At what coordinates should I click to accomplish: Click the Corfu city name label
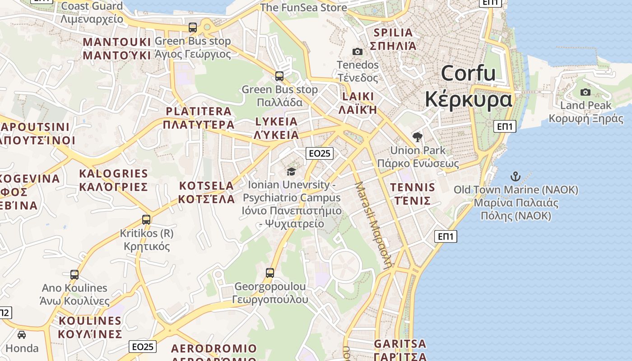(x=469, y=86)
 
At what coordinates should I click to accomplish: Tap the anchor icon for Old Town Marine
(x=515, y=176)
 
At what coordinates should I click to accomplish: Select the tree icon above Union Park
(x=418, y=137)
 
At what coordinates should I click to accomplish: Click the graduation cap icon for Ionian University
(x=291, y=171)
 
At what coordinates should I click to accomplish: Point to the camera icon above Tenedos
(x=357, y=51)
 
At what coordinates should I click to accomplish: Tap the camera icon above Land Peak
(x=586, y=92)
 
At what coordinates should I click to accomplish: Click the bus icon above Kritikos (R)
(x=146, y=220)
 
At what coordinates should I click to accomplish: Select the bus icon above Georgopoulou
(x=270, y=273)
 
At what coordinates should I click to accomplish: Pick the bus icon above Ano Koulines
(x=74, y=274)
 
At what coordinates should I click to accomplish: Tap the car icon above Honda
(x=22, y=335)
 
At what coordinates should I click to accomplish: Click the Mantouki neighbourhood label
(x=117, y=49)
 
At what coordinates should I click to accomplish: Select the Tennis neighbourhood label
(x=413, y=194)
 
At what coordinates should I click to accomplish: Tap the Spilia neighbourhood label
(x=393, y=39)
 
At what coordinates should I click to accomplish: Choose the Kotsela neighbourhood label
(x=207, y=192)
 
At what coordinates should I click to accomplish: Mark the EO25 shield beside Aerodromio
(x=143, y=347)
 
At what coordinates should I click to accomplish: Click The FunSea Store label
(x=303, y=7)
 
